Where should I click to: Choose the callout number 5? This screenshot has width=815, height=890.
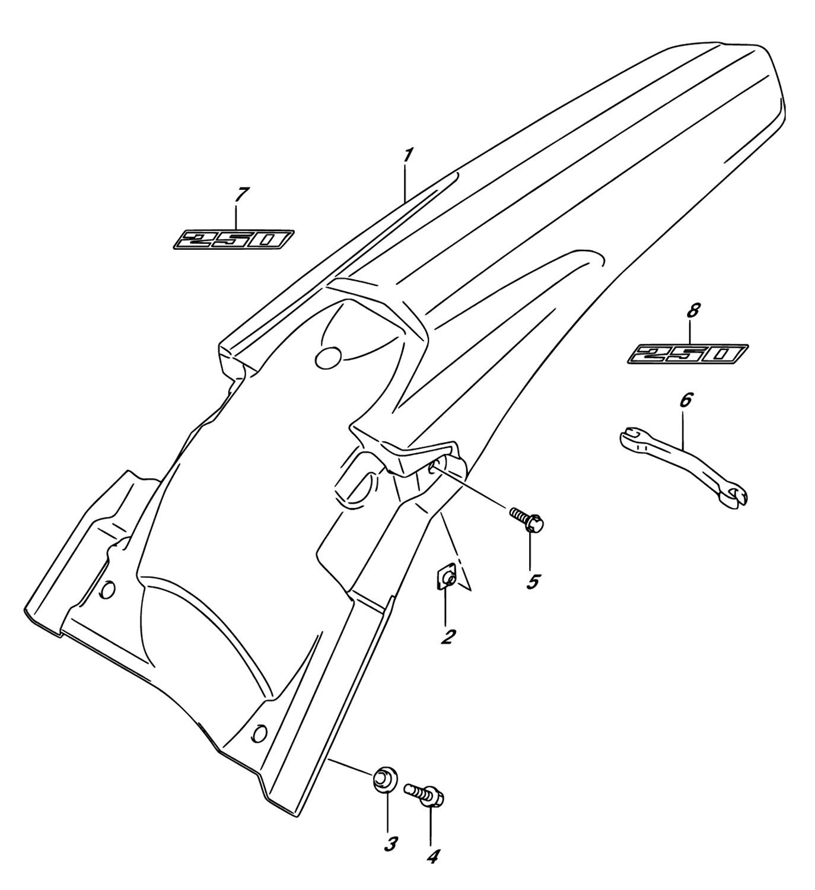click(533, 581)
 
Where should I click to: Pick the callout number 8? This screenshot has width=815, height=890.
click(693, 310)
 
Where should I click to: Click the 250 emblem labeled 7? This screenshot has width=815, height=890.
click(233, 240)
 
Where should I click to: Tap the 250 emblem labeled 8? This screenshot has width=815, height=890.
click(687, 354)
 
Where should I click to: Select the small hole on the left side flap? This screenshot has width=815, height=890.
click(107, 589)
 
